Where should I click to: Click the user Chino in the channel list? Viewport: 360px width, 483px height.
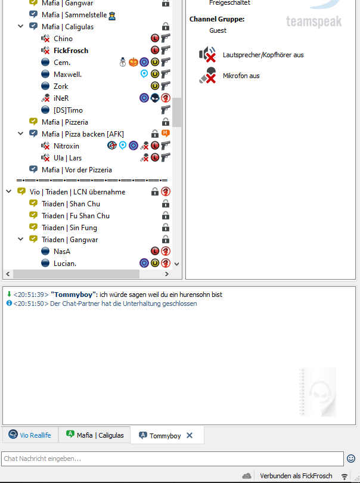click(x=63, y=39)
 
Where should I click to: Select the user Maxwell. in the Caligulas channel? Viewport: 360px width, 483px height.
click(x=67, y=75)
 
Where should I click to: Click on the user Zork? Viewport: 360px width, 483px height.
click(x=61, y=86)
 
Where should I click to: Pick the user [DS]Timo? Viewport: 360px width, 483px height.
click(x=68, y=110)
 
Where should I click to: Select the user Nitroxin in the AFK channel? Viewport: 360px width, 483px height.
click(x=66, y=146)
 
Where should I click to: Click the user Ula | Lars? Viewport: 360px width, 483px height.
click(x=67, y=158)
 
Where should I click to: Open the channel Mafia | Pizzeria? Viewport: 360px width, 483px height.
click(x=65, y=122)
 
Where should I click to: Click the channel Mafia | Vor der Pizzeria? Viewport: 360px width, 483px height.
click(x=76, y=170)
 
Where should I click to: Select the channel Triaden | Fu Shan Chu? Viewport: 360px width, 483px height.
click(x=75, y=216)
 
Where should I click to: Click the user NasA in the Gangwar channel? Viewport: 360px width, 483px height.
click(x=62, y=252)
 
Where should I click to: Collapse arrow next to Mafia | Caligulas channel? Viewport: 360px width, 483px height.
click(x=21, y=27)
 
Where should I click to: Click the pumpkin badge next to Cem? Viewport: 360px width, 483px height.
click(x=133, y=62)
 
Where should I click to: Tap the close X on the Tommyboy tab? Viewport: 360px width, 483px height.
click(x=190, y=436)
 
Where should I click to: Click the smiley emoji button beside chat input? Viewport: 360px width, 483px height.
click(x=351, y=459)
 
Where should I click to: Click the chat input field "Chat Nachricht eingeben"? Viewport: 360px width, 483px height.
click(x=173, y=459)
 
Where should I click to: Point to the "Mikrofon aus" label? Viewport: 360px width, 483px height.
click(x=241, y=76)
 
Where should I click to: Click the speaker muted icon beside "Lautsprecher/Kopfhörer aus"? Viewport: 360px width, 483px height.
click(x=207, y=55)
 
